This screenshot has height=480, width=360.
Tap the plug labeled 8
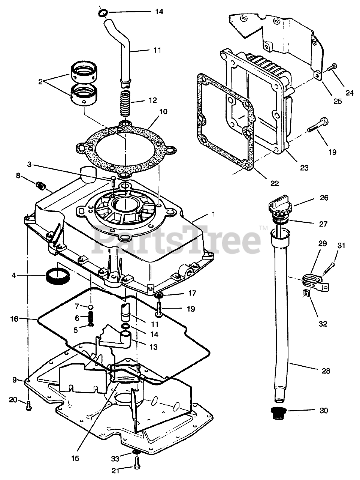click(x=40, y=184)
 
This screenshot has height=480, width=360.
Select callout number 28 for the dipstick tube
click(x=326, y=371)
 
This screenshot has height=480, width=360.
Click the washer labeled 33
click(x=136, y=454)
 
